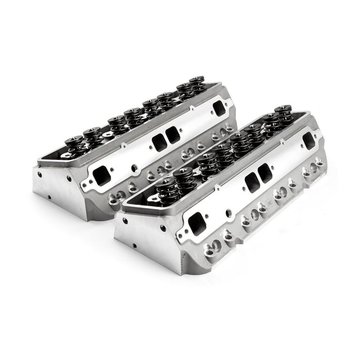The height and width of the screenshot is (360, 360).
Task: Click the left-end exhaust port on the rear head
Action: pyautogui.click(x=102, y=176)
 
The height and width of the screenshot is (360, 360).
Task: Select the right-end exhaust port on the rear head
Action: pyautogui.click(x=218, y=108)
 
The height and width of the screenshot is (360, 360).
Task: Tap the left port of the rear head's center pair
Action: pyautogui.click(x=159, y=142)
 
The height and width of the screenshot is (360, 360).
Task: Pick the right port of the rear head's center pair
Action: pyautogui.click(x=172, y=135)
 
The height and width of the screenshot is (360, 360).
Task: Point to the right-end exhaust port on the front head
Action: pyautogui.click(x=309, y=140)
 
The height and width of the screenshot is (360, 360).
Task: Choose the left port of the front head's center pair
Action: pyautogui.click(x=252, y=182)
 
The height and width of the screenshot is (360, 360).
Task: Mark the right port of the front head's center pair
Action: pyautogui.click(x=265, y=173)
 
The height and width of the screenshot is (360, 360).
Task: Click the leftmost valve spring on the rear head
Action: pyautogui.click(x=74, y=145)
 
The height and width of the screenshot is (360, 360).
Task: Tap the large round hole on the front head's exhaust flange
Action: pyautogui.click(x=228, y=214)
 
